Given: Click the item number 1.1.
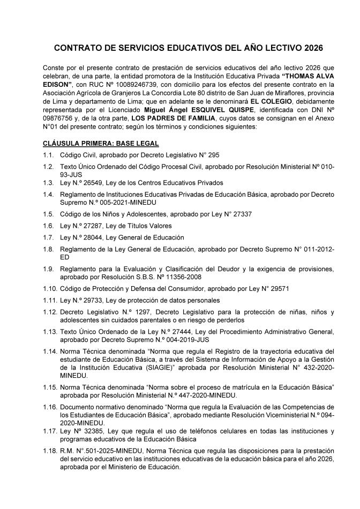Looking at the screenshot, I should pos(48,155).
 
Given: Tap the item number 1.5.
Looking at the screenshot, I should pos(48,214).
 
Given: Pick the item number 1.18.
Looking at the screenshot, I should pos(50,451).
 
